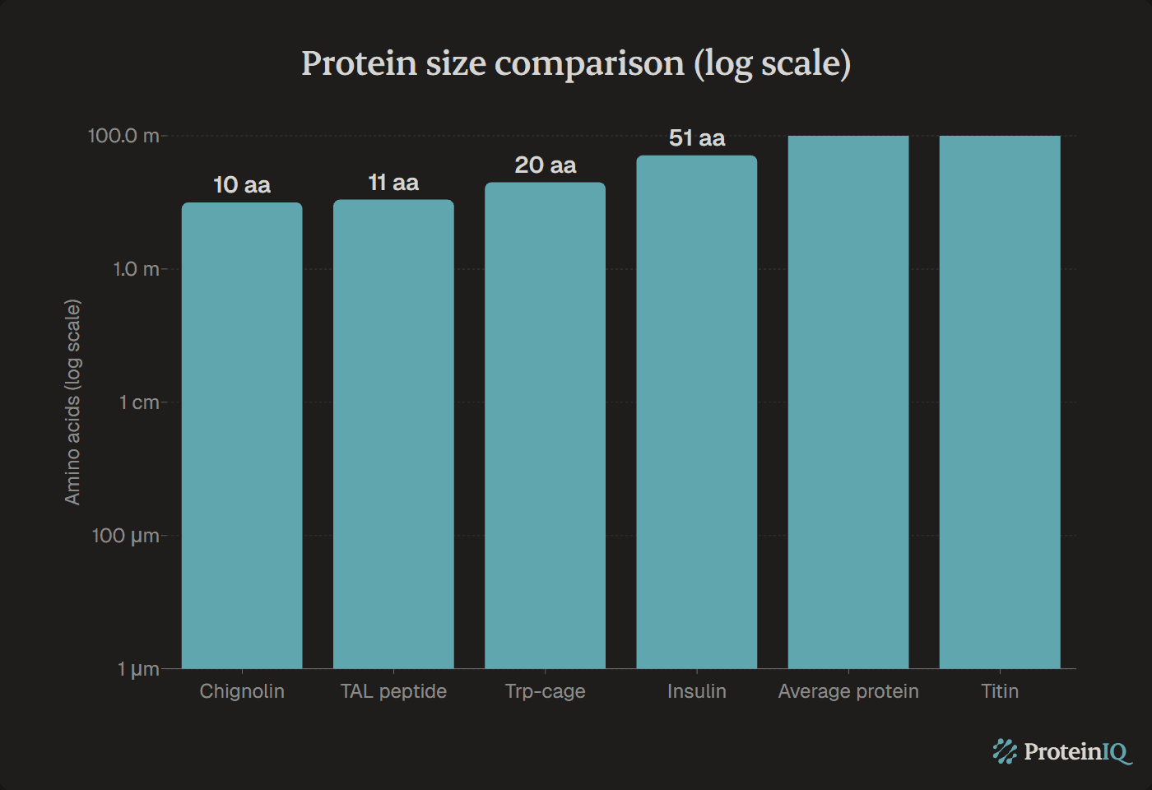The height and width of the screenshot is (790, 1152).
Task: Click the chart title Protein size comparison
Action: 575,63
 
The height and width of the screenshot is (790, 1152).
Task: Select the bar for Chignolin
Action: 242,436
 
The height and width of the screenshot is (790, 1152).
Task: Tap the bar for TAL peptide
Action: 393,434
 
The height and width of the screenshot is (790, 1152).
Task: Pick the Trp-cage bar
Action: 545,425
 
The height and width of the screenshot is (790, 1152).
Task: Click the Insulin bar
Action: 696,411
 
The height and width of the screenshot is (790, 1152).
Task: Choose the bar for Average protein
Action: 848,402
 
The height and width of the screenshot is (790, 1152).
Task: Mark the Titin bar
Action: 1000,402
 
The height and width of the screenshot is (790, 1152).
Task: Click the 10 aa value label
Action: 242,185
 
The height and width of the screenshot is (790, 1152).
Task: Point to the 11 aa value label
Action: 393,183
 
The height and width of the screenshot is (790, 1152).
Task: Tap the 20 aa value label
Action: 545,165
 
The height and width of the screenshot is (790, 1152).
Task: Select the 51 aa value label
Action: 696,138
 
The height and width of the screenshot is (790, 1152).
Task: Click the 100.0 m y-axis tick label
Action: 123,136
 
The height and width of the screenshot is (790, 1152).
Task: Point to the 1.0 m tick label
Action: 136,269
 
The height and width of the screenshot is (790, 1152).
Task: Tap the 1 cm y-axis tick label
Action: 139,402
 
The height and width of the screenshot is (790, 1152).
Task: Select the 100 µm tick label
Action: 125,536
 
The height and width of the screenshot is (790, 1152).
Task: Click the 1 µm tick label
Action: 138,669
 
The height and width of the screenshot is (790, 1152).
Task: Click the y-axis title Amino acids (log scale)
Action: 72,402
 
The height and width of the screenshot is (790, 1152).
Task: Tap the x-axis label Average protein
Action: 848,691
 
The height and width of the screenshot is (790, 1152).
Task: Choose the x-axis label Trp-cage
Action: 545,691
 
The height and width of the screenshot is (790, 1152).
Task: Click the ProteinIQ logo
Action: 1061,751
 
